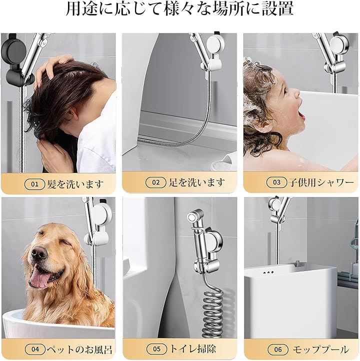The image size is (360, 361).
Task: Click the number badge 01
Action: pos(34,184)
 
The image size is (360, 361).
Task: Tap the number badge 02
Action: pos(155,182)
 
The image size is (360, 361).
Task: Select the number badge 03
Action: pos(276,182)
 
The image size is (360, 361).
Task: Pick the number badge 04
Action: pos(35,349)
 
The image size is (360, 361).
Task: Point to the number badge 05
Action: pos(156,349)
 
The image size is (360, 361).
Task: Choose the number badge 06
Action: pos(278,349)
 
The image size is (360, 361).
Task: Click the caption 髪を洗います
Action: pos(75,184)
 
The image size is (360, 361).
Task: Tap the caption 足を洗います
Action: pos(197,182)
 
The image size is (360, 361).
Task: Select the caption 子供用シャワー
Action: pos(321,182)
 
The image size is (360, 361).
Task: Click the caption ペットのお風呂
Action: pos(79,349)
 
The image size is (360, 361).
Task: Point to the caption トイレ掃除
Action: pos(192,349)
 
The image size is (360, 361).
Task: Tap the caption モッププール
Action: pos(320,350)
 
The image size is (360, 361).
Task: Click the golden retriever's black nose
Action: pos(39,253)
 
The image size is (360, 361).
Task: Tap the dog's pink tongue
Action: pos(39,278)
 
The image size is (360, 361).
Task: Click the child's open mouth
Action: pos(302,114)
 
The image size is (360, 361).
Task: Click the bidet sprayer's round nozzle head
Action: pos(191,216)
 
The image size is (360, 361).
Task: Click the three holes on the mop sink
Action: pos(268,273)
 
